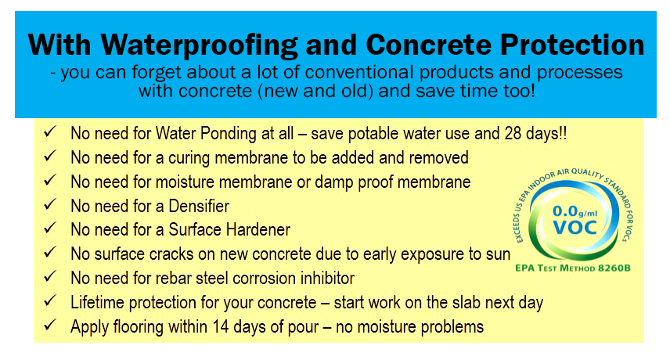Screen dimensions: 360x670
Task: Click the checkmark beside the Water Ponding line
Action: (49, 132)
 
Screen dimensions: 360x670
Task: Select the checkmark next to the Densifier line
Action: (49, 206)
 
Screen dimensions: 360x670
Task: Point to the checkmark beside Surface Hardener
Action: (49, 230)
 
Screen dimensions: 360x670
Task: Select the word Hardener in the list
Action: (254, 231)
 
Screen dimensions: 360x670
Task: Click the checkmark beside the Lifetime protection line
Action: (49, 302)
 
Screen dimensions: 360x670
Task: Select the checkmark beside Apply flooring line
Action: (49, 326)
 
